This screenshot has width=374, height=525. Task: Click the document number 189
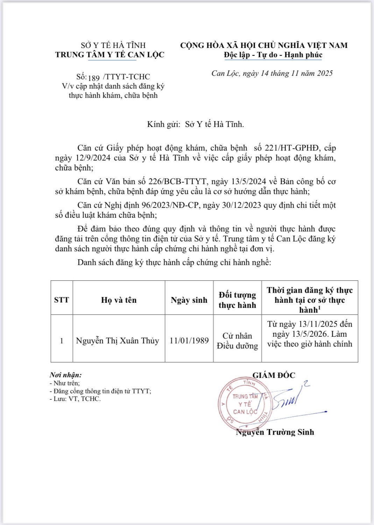tap(94, 78)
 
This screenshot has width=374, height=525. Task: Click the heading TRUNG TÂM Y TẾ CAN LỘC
tap(110, 55)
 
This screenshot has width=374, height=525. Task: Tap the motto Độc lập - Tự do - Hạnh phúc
tap(273, 55)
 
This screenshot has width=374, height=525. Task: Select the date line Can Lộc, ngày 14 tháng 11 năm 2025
tap(272, 73)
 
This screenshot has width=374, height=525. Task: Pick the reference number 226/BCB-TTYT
tap(177, 181)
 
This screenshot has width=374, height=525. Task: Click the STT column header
tap(62, 300)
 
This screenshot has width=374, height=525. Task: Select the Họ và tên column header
tap(119, 300)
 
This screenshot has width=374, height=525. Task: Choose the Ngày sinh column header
tap(189, 300)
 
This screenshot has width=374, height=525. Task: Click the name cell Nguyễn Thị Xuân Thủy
tap(118, 341)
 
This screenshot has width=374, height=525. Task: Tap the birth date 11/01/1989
tap(189, 341)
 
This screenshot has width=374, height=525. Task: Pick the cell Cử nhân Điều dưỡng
tap(237, 341)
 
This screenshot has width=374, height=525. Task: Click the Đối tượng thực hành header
tap(237, 300)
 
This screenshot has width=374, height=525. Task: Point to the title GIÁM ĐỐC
tap(274, 375)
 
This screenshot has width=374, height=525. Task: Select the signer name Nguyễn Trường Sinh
tap(275, 432)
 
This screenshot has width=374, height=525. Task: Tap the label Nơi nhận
tap(66, 375)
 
